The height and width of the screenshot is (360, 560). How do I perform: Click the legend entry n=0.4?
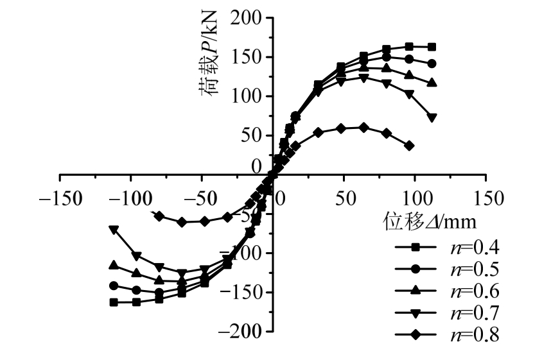(446, 247)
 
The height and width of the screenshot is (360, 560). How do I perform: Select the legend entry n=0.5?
(446, 269)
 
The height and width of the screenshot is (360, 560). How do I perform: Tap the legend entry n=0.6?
(446, 291)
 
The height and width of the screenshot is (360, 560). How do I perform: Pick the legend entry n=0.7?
(446, 313)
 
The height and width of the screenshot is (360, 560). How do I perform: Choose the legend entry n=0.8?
(446, 334)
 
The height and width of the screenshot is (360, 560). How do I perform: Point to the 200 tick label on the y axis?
(249, 18)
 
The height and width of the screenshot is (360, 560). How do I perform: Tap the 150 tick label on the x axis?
(486, 196)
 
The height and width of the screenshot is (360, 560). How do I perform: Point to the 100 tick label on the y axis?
(249, 96)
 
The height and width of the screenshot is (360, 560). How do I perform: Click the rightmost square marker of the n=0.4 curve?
(432, 47)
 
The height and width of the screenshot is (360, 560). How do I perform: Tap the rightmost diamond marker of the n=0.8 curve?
(409, 146)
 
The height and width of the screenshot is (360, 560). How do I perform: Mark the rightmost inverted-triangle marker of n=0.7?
(432, 117)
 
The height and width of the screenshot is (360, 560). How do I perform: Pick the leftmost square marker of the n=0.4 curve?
(114, 302)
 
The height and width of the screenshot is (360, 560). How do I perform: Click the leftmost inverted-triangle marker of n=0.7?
(114, 230)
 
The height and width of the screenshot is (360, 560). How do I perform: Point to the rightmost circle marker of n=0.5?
(432, 64)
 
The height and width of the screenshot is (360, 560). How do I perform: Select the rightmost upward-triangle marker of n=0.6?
(432, 83)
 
